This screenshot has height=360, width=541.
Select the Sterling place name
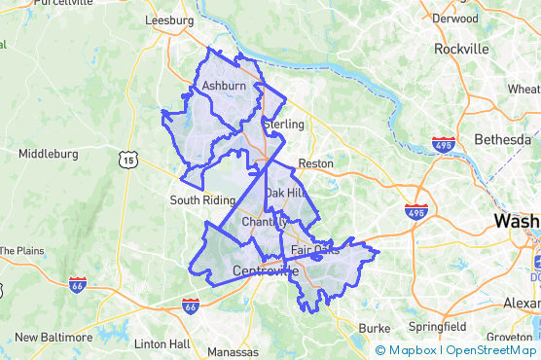284,125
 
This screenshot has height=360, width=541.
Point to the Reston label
315,163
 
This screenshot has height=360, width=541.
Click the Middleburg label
48,154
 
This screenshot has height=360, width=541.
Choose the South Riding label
202,200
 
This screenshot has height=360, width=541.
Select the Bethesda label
502,140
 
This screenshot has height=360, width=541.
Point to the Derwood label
455,18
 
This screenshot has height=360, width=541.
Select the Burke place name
375,328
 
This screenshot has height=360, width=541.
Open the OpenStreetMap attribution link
491,350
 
